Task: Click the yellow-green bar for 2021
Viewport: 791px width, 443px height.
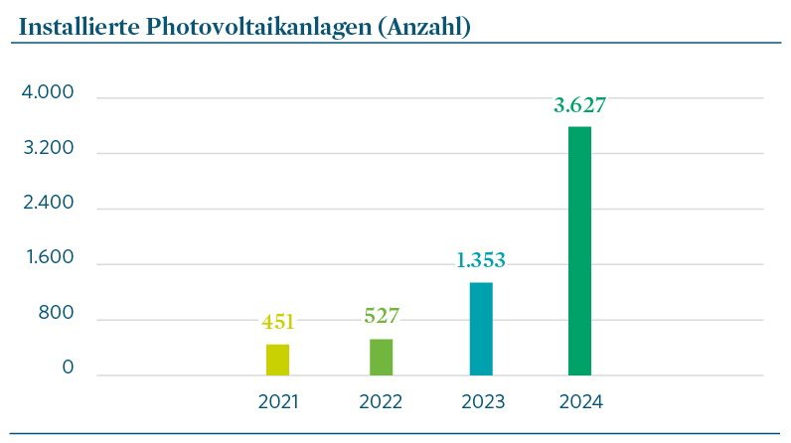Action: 277,360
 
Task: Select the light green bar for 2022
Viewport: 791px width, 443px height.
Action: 381,358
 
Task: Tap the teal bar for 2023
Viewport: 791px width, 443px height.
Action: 481,329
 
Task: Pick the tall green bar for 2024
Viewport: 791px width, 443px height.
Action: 579,251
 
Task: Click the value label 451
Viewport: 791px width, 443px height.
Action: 277,322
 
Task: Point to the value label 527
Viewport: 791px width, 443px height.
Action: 382,317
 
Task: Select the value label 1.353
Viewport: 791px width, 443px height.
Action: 481,261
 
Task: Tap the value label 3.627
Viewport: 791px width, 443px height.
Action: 579,105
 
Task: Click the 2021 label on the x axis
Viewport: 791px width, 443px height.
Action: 278,402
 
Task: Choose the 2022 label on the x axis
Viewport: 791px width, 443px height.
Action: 381,402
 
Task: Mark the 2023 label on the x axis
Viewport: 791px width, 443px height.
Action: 483,402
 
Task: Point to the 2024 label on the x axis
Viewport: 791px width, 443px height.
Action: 581,402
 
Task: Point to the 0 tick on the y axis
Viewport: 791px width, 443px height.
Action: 68,369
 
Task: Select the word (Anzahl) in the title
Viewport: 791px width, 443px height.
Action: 421,27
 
